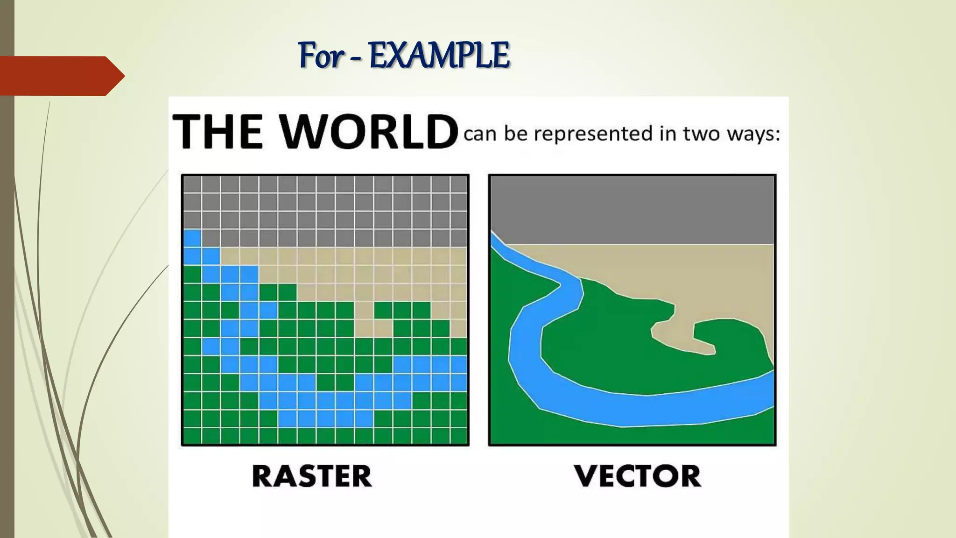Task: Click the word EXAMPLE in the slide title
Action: tap(439, 55)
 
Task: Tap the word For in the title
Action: tap(321, 55)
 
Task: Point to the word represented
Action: tap(593, 134)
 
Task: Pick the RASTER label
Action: tap(312, 476)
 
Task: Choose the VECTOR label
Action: tap(638, 476)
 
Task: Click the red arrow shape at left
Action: tap(61, 76)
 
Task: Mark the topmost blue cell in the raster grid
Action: tap(192, 238)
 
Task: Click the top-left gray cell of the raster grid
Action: tap(192, 184)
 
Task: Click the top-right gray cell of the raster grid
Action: tap(459, 184)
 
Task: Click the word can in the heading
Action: tap(480, 134)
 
